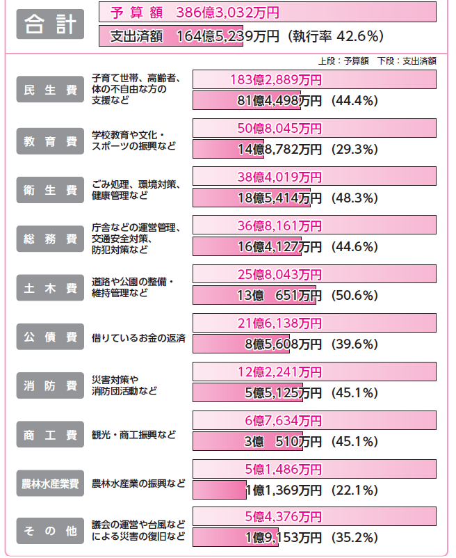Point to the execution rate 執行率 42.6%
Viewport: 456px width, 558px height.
click(x=338, y=36)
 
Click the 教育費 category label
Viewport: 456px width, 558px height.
click(x=50, y=141)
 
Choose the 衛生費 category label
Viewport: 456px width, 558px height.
click(x=50, y=189)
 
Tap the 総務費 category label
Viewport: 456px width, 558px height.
click(x=50, y=239)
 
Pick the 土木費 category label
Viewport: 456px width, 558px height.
click(x=50, y=287)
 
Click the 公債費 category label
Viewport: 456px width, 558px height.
click(x=50, y=337)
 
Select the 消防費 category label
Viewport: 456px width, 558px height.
click(x=50, y=385)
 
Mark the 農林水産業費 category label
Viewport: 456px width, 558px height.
click(x=50, y=483)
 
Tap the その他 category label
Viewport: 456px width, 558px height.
click(x=50, y=532)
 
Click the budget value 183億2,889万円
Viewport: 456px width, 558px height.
click(x=275, y=79)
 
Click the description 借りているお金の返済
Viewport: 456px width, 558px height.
click(x=138, y=337)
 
